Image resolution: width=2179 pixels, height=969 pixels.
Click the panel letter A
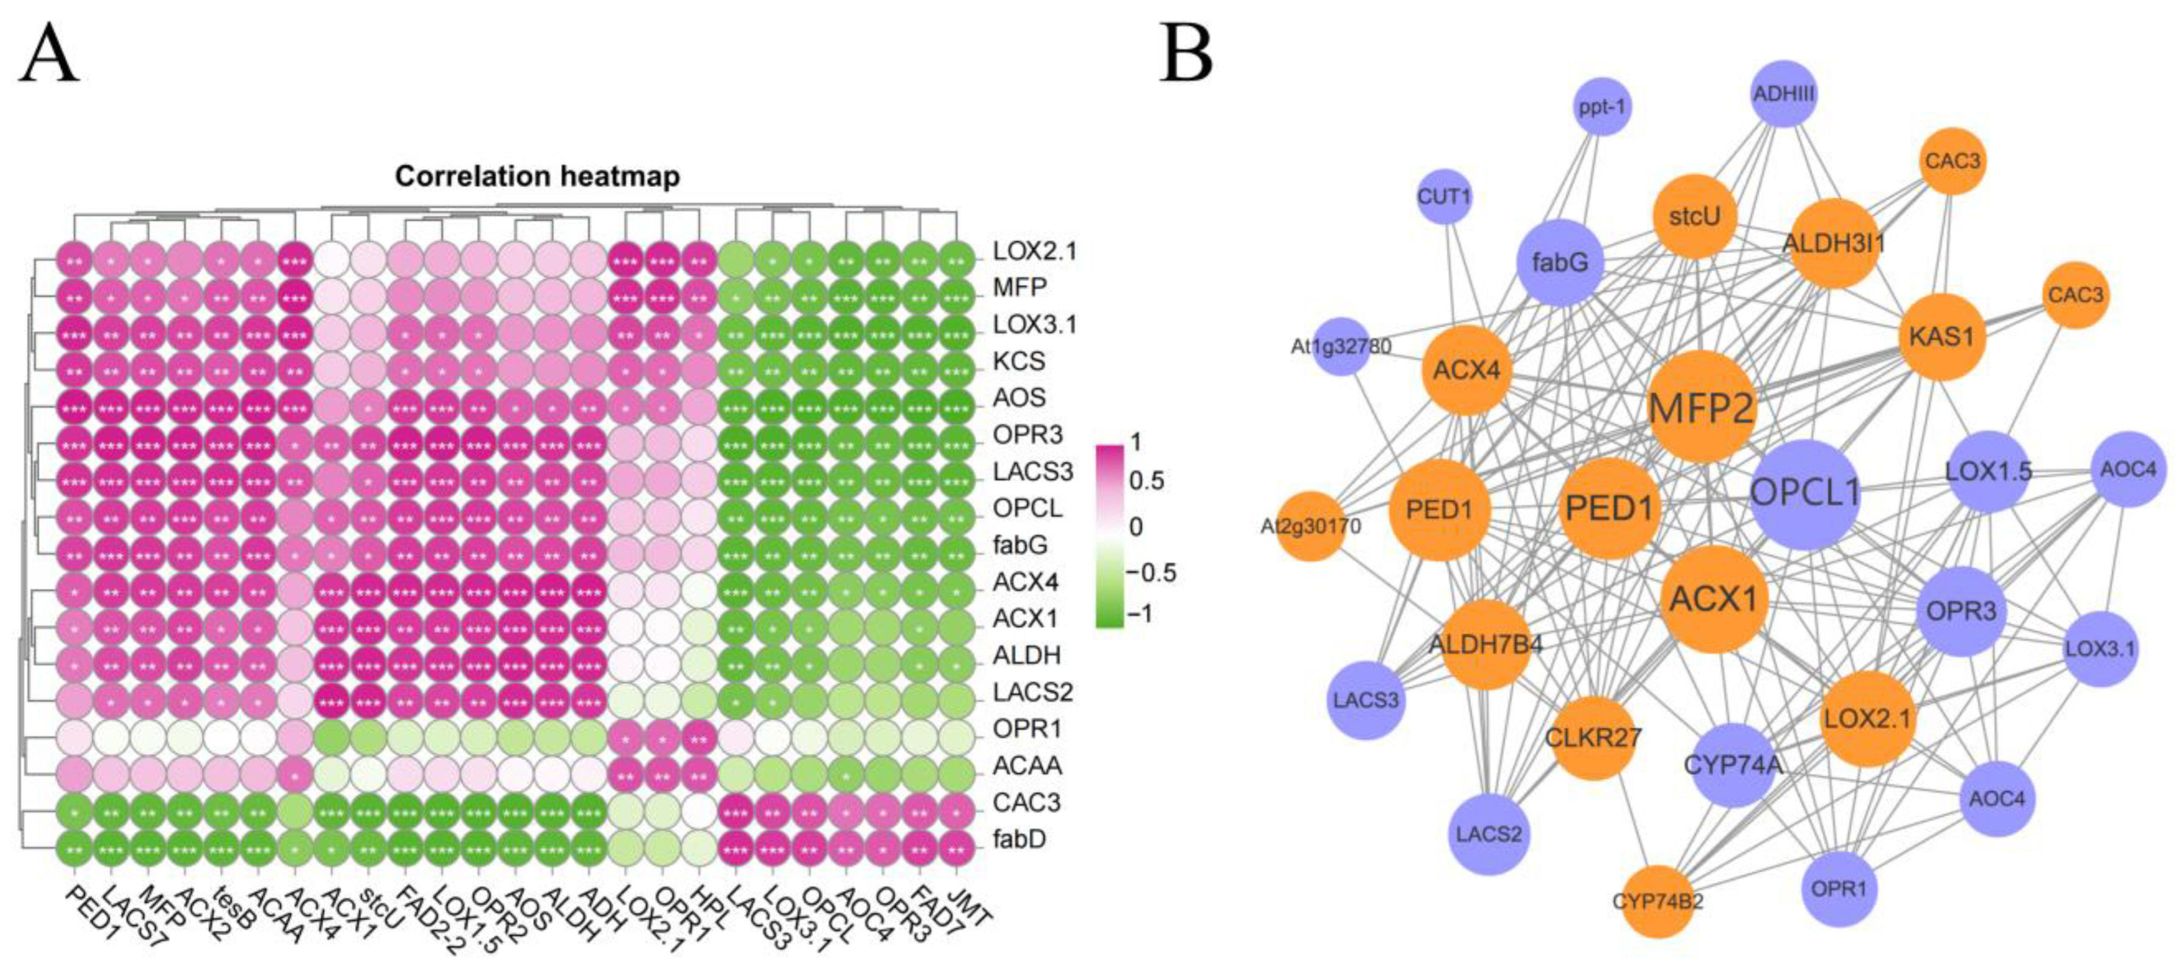(x=49, y=53)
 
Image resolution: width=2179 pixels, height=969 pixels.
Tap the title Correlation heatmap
(x=537, y=176)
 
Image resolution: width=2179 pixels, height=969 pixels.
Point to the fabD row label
(x=1020, y=839)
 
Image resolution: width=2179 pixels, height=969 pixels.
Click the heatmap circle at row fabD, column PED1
(x=74, y=839)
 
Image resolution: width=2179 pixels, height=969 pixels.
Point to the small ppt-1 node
(x=1602, y=108)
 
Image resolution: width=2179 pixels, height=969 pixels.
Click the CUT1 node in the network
(x=1444, y=198)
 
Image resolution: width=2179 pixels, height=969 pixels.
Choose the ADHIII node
(x=1783, y=93)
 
